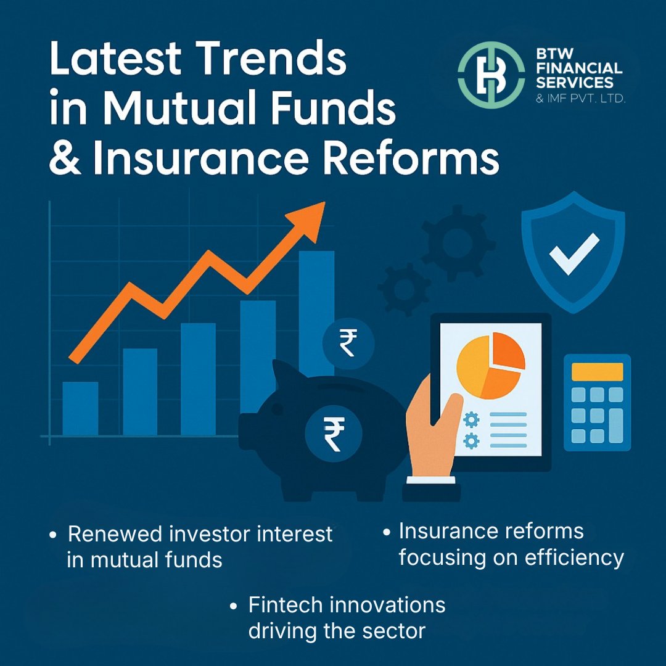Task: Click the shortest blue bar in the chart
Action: [80, 408]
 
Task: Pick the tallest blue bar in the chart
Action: [316, 308]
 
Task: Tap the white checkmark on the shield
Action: [573, 253]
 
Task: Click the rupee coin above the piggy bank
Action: [347, 343]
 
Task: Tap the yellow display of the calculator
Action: [597, 371]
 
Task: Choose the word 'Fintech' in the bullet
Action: [284, 605]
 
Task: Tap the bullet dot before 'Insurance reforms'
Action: [387, 532]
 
